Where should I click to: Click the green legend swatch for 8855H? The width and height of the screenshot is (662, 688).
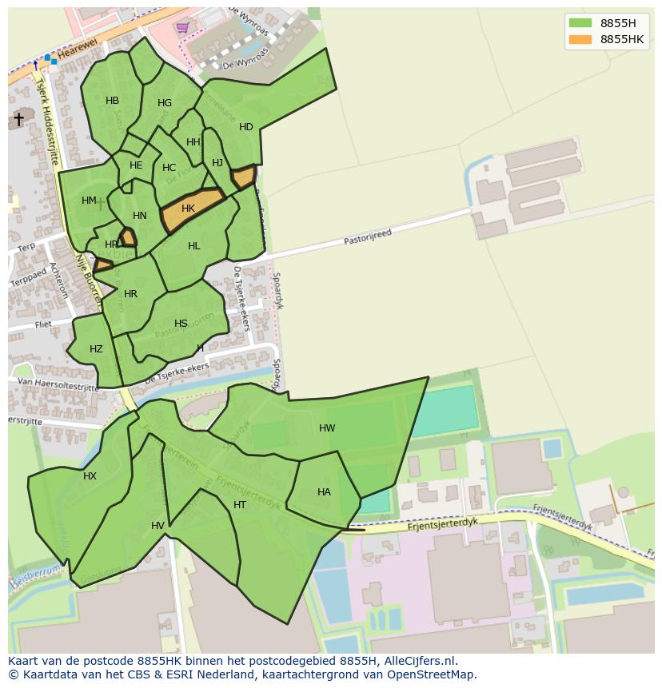(580, 22)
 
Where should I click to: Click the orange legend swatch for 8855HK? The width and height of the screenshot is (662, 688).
(580, 39)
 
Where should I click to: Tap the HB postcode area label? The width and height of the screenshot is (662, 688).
(112, 101)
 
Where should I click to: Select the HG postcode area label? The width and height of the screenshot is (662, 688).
(165, 103)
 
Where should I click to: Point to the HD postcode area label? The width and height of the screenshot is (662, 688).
(245, 127)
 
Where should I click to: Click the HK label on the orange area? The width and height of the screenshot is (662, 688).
(188, 209)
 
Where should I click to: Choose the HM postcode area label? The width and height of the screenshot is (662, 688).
(89, 201)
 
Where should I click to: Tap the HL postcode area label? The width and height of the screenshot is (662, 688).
(194, 246)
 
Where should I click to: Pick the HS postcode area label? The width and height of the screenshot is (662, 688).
(181, 324)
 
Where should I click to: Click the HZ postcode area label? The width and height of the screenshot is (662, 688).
(96, 349)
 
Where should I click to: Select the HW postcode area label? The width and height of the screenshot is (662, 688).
(327, 428)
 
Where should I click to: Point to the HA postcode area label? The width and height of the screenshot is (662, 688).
(324, 492)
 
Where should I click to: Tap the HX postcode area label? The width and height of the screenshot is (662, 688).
(90, 476)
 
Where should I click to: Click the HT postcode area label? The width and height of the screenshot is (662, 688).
(240, 505)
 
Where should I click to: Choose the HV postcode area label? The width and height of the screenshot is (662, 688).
(158, 525)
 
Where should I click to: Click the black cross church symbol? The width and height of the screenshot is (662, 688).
(18, 119)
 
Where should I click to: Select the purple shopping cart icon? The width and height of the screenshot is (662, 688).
(183, 27)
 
